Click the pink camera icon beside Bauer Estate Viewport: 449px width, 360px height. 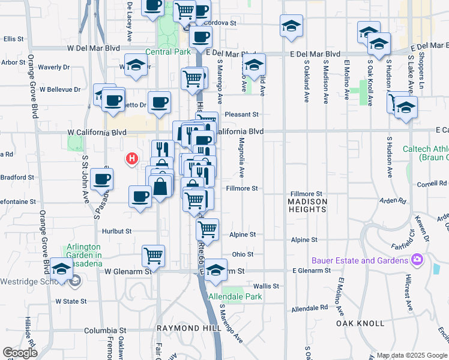tap(417, 260)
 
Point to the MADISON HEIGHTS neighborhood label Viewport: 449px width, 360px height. tap(307, 205)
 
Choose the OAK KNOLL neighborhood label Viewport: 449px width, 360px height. tap(360, 323)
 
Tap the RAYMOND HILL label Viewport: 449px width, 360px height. tap(181, 329)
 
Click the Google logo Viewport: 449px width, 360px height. tap(20, 353)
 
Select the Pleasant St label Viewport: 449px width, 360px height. tap(241, 114)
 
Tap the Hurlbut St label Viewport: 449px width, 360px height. tap(116, 231)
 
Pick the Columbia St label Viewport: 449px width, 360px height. tap(105, 331)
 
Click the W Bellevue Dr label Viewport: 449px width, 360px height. tap(60, 89)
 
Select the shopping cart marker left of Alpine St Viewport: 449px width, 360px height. tap(207, 229)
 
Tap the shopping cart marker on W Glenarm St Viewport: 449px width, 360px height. tap(154, 256)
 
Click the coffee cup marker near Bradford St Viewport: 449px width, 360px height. tap(101, 179)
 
